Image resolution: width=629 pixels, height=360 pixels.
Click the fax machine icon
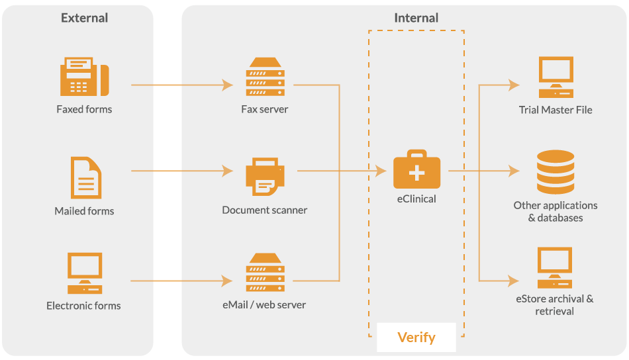(x=85, y=77)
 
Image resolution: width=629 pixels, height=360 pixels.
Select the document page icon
(x=86, y=177)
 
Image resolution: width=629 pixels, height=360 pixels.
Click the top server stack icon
(x=265, y=77)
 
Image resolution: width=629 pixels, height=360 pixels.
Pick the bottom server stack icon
(x=265, y=273)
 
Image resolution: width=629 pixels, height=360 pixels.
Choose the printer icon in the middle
(x=265, y=176)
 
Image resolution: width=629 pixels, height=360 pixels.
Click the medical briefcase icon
(x=416, y=171)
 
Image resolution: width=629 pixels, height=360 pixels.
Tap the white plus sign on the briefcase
(x=416, y=173)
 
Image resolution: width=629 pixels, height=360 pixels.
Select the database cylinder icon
(x=556, y=171)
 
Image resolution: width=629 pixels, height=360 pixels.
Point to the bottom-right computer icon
(x=555, y=268)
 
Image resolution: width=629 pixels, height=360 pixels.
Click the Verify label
(x=416, y=337)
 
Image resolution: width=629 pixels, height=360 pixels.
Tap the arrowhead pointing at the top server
(x=228, y=85)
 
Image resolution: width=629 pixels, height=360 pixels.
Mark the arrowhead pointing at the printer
(x=228, y=171)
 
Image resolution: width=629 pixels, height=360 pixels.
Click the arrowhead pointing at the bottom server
(x=228, y=281)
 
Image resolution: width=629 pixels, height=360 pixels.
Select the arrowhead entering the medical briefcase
(x=381, y=171)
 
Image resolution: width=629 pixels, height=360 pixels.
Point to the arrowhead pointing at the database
(x=514, y=171)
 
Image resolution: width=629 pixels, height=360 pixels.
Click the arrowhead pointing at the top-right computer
(x=514, y=85)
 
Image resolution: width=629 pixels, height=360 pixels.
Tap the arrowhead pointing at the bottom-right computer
(x=514, y=281)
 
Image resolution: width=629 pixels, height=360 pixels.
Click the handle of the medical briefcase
(x=416, y=154)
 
